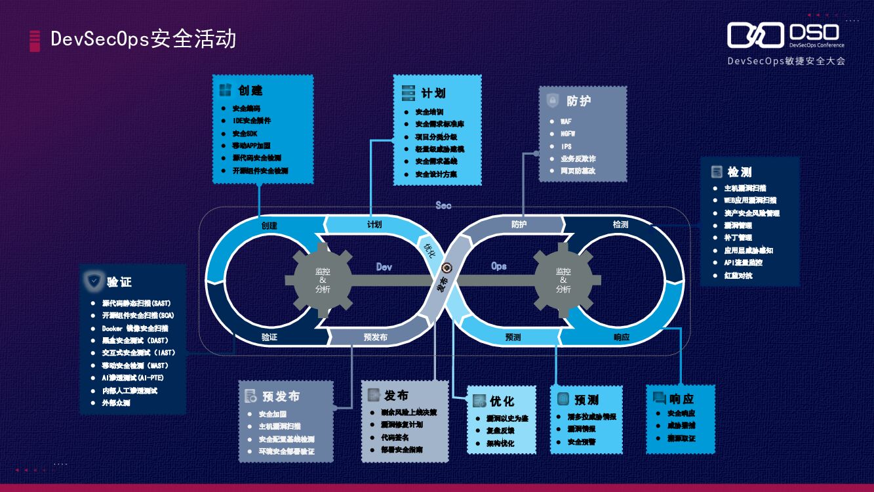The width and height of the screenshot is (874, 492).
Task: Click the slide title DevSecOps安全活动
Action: coord(143,39)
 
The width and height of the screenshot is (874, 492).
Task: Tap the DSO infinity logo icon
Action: coord(755,35)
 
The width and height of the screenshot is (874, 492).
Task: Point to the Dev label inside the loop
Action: coord(384,267)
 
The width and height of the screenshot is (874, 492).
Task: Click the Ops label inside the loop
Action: coord(498,266)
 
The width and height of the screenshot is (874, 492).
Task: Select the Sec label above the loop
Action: coord(443,205)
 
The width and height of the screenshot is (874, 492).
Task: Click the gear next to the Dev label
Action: coord(323,280)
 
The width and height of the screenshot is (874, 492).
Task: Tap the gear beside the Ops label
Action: coord(563,280)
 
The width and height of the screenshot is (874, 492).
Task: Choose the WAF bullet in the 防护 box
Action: coord(566,121)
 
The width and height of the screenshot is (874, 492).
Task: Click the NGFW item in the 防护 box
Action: coord(568,134)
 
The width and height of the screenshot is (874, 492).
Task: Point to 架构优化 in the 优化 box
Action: coord(500,443)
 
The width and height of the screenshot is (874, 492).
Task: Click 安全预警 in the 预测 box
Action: coord(581,442)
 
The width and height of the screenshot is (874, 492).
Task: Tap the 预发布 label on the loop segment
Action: coord(375,337)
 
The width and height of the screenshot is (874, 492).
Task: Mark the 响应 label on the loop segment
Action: coord(621,337)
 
